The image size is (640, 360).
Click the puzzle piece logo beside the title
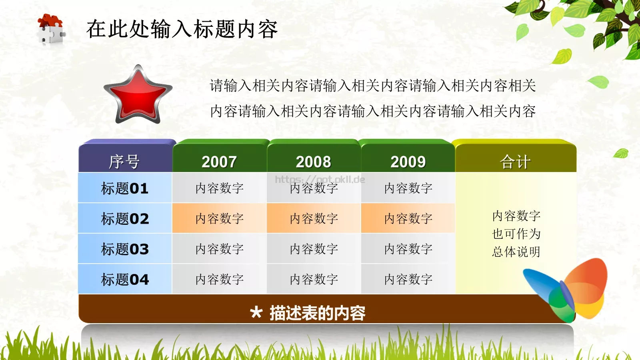(51, 29)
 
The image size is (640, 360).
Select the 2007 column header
(219, 162)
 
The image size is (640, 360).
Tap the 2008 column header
(314, 162)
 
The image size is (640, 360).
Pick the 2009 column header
(408, 162)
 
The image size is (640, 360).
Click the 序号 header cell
(125, 162)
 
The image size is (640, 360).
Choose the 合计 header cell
(515, 162)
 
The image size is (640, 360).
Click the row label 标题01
(125, 188)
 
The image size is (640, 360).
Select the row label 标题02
(125, 218)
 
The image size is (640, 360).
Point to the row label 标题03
(125, 249)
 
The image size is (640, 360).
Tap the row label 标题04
(125, 279)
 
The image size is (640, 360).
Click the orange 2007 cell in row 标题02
(220, 218)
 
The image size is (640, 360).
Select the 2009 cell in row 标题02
(408, 218)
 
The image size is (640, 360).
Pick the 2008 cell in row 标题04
(314, 279)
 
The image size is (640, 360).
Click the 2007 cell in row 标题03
(220, 249)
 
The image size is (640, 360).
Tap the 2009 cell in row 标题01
(408, 188)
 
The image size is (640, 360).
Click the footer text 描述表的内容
(317, 313)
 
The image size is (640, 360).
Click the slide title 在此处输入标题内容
(182, 29)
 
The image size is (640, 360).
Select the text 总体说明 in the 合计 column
(516, 252)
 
